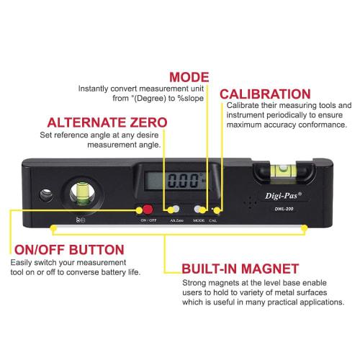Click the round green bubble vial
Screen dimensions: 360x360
[x=80, y=194]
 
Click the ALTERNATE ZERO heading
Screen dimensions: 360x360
[x=107, y=122]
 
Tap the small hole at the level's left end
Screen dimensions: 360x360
[x=45, y=193]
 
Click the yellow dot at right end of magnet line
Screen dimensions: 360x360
[x=305, y=229]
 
